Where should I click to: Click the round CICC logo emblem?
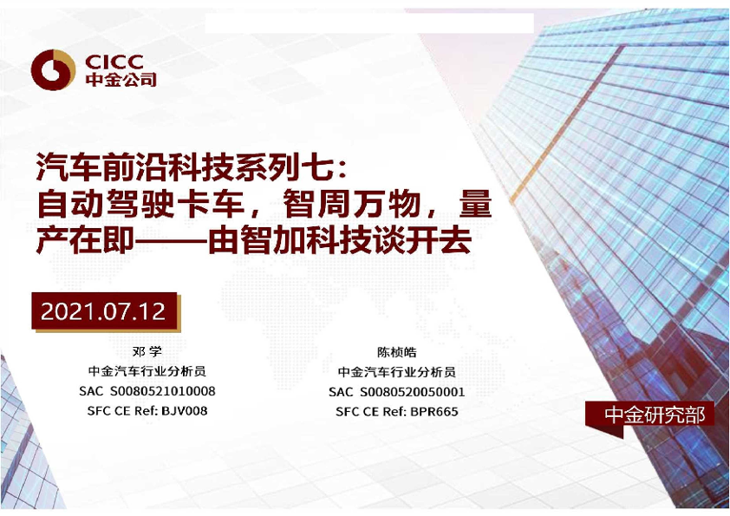point(53,70)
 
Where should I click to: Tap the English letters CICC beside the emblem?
point(114,62)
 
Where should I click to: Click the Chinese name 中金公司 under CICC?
point(121,80)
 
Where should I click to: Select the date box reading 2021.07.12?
point(104,311)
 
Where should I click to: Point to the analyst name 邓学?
point(147,351)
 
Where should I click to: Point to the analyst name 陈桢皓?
point(397,352)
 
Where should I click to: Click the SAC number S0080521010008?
point(162,391)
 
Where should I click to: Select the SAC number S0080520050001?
point(412,392)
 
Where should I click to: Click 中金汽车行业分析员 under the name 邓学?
point(147,371)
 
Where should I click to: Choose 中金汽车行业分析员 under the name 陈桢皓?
point(397,372)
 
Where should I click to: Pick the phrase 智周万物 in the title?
point(352,204)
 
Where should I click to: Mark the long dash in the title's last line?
point(171,241)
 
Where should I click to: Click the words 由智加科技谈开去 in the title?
point(340,240)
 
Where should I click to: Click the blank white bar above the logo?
point(369,23)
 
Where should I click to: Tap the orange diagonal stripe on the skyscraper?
point(567,124)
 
